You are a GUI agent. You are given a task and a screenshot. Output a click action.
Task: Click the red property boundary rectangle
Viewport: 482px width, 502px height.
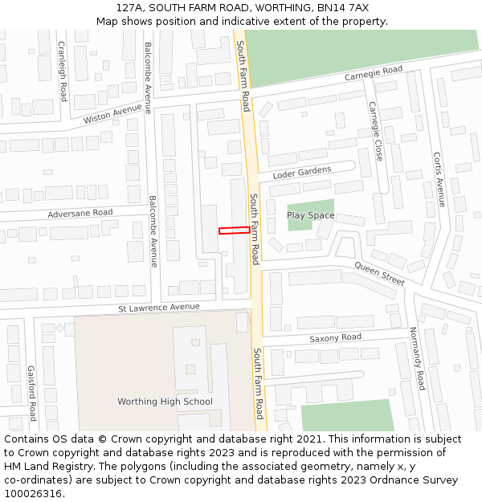[234, 231]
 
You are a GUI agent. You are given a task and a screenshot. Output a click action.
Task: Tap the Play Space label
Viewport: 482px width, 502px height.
[311, 215]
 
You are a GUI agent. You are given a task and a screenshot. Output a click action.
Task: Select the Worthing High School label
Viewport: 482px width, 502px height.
[165, 402]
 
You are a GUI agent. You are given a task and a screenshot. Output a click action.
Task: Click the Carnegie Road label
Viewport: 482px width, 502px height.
[374, 71]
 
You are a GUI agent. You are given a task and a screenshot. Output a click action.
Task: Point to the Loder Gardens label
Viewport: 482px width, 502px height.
[302, 173]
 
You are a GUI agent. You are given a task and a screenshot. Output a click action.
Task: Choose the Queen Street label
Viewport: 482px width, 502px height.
[380, 274]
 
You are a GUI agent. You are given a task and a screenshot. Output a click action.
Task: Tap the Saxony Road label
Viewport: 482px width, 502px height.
[336, 338]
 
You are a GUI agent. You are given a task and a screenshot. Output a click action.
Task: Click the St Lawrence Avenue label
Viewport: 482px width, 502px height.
[158, 307]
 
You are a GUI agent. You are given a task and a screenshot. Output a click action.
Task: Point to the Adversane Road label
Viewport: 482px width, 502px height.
[80, 213]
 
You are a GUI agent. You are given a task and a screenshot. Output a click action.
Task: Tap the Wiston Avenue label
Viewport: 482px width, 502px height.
[112, 114]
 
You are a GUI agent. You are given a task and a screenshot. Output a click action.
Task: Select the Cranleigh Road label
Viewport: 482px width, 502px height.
[63, 71]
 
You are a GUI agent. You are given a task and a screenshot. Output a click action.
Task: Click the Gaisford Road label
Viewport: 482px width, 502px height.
[31, 394]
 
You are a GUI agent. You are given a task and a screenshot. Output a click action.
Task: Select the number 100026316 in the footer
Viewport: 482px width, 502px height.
[35, 493]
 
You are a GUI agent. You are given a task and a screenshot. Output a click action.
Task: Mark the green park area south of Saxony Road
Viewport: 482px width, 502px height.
[347, 417]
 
